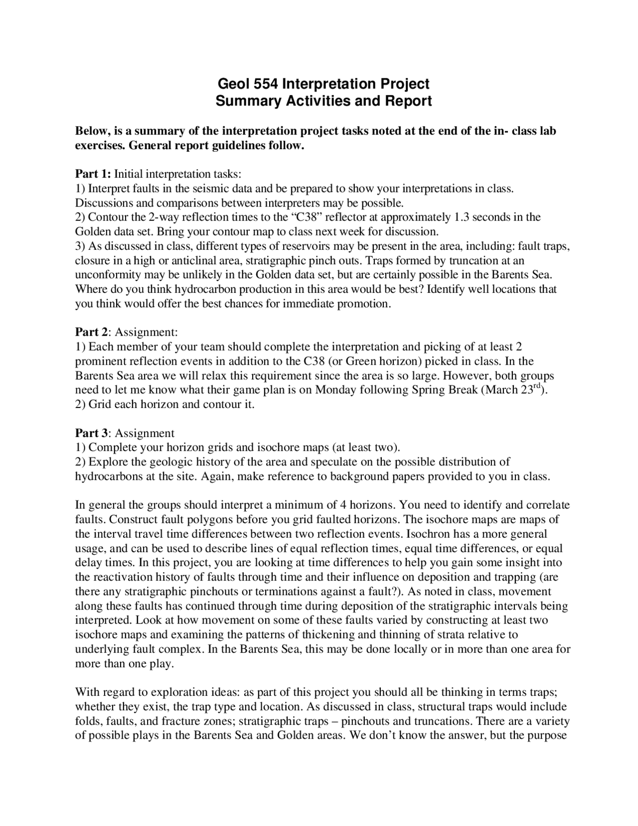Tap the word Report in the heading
tap(407, 101)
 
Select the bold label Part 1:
tap(93, 174)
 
